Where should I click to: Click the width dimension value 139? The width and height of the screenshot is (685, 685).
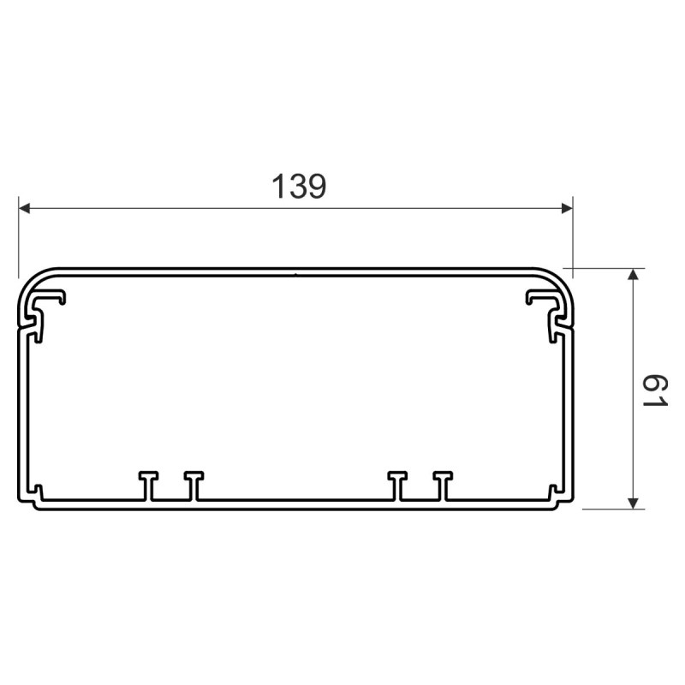[299, 187]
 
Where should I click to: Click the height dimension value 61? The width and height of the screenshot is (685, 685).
[655, 391]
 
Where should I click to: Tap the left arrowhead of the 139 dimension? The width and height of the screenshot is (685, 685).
[25, 208]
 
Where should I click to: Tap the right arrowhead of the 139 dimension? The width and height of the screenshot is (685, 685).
[567, 208]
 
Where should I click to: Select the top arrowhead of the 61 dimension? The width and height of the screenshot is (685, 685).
[633, 274]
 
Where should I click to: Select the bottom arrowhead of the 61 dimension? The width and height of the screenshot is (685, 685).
[633, 503]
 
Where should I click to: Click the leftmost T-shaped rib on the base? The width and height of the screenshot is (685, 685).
[148, 485]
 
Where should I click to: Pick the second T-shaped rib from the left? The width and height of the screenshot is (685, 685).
[194, 485]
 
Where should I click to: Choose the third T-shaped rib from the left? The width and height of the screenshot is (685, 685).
[397, 485]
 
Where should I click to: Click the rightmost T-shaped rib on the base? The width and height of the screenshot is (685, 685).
[443, 485]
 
